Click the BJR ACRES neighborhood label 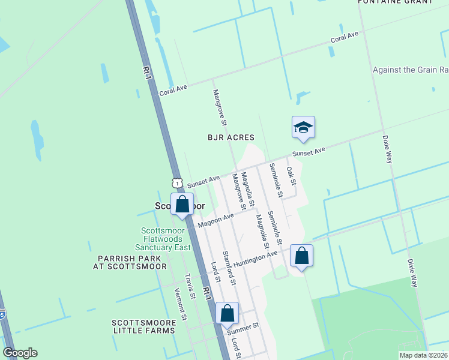click(231, 137)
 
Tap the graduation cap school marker click(303, 127)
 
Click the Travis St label click(191, 286)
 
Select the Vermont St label click(178, 300)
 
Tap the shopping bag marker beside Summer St click(227, 313)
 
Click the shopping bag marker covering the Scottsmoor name click(182, 204)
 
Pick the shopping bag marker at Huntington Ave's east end click(301, 256)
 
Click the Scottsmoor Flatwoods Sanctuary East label click(166, 239)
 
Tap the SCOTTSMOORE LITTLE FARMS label click(144, 326)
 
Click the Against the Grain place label click(410, 70)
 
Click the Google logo click(20, 353)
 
